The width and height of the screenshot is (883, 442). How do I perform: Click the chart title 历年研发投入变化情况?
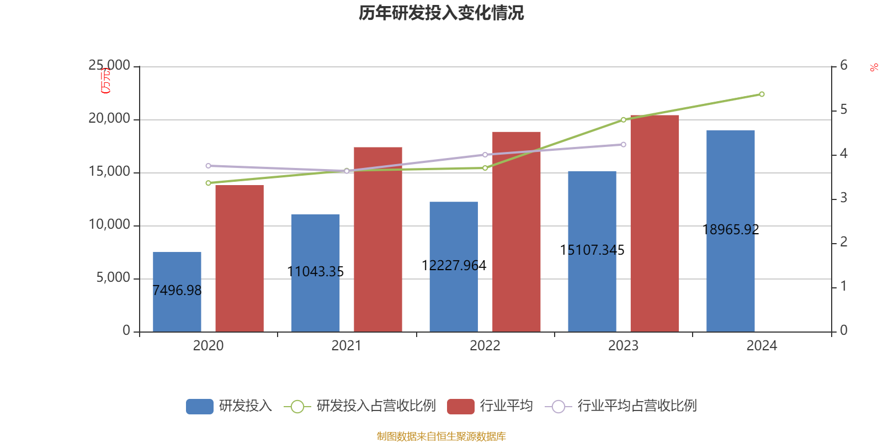441,13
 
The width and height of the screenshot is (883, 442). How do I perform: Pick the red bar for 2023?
655,223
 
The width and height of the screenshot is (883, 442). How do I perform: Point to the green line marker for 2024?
762,94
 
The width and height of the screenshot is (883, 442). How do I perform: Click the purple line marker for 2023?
623,145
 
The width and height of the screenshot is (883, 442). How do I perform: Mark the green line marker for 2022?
485,168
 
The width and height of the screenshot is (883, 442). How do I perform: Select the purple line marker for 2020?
208,166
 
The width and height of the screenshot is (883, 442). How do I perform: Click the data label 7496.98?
177,291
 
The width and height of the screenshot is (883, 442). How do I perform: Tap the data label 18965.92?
731,230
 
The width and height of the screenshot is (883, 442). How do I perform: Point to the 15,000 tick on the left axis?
110,172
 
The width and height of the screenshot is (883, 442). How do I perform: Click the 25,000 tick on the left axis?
110,66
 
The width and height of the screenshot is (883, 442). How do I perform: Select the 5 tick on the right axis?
843,110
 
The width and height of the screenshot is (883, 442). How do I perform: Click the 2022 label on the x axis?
485,346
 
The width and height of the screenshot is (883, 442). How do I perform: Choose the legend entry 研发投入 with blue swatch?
229,406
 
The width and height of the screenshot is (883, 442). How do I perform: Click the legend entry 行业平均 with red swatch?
490,406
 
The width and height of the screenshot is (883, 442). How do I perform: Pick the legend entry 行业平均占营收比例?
621,406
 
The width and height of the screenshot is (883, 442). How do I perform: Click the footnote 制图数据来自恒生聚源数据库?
441,436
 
